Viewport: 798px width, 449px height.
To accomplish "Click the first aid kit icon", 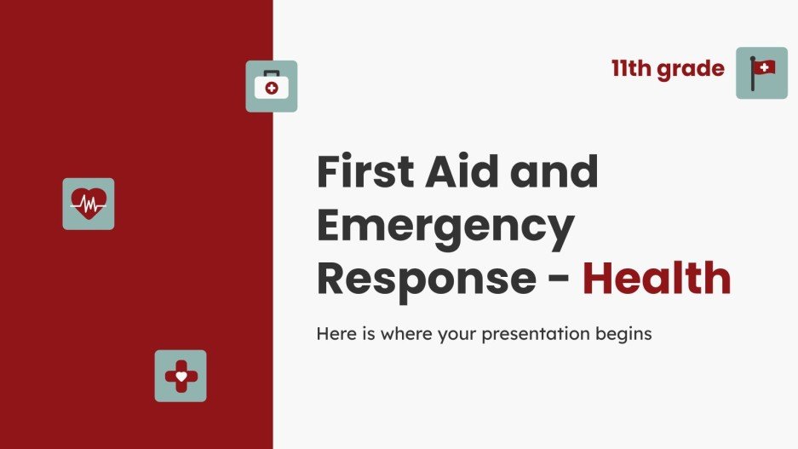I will [x=271, y=86].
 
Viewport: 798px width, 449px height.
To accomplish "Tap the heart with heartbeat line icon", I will [x=89, y=204].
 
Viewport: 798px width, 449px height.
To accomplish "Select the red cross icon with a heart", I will [x=180, y=376].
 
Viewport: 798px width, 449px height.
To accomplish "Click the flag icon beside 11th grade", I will [x=761, y=73].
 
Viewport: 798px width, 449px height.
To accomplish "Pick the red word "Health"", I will [x=657, y=280].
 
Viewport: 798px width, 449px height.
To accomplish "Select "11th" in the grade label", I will [x=631, y=68].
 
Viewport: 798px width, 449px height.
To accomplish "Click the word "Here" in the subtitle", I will [x=334, y=334].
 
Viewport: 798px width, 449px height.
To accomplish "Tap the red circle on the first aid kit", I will [x=272, y=88].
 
